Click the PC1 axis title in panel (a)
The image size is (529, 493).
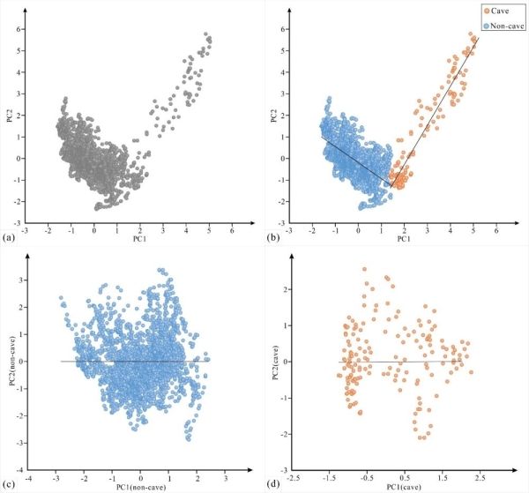tap(139, 238)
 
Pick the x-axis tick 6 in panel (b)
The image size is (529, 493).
tap(496, 231)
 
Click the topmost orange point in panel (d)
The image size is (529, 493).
tap(364, 270)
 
